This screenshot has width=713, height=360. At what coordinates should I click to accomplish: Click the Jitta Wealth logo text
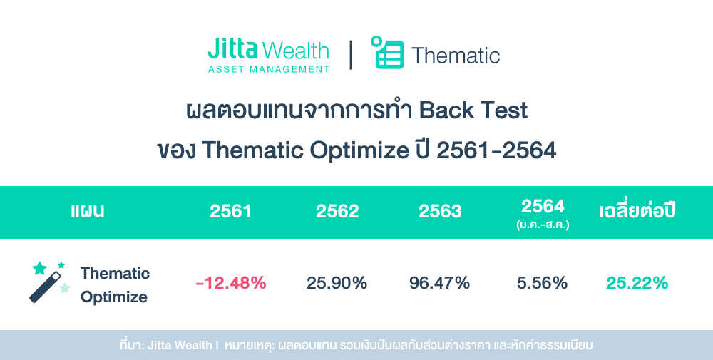tap(268, 51)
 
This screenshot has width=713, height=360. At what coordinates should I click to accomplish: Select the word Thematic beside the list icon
tap(456, 56)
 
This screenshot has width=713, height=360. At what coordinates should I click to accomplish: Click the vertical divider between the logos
tap(351, 55)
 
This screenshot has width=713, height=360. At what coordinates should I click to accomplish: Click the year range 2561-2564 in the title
tap(496, 151)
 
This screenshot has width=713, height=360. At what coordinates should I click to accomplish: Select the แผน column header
tap(88, 212)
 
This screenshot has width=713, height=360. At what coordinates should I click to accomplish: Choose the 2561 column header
tap(230, 212)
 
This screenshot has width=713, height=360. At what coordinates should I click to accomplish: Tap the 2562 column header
tap(337, 212)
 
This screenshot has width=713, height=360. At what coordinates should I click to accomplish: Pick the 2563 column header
tap(440, 212)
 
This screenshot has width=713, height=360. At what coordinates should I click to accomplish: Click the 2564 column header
tap(543, 206)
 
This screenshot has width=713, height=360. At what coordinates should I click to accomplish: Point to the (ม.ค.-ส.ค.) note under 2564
tap(543, 224)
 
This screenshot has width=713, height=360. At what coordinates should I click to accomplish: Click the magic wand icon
tap(49, 282)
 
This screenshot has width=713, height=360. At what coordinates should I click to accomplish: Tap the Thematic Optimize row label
tap(115, 284)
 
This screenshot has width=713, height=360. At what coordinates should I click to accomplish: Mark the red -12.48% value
tap(230, 283)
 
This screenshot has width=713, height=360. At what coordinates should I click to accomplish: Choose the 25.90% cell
tap(337, 283)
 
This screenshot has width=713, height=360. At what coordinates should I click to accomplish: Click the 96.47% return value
tap(440, 283)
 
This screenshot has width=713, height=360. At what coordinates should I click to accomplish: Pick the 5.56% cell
tap(543, 283)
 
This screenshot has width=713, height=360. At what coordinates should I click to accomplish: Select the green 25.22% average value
tap(637, 283)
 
